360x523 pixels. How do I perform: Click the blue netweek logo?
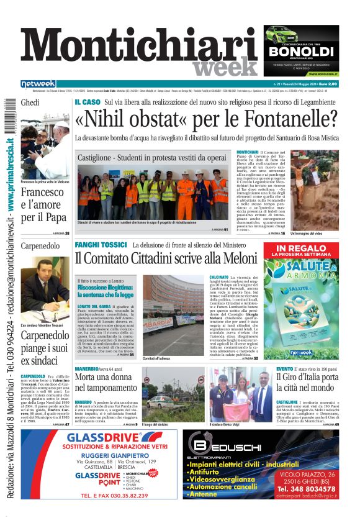click(38, 84)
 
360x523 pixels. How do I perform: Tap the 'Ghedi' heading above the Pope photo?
click(30, 102)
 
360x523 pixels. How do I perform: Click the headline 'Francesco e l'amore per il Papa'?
click(42, 205)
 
